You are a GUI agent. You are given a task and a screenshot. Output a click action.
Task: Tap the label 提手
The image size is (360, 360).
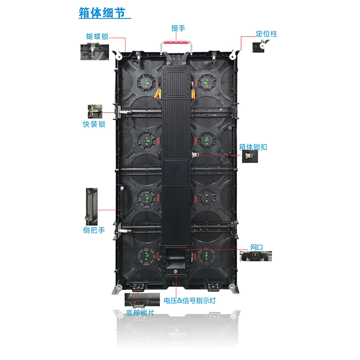(x=178, y=28)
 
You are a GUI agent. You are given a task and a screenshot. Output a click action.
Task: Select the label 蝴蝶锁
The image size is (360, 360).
(x=97, y=37)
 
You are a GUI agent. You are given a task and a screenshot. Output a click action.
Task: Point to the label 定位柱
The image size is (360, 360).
(x=266, y=34)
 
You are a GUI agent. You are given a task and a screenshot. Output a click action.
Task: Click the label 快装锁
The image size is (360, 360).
(x=94, y=124)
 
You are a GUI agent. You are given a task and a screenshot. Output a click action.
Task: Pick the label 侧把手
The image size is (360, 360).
(x=94, y=230)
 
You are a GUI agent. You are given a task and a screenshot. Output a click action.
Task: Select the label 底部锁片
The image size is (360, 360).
(x=140, y=313)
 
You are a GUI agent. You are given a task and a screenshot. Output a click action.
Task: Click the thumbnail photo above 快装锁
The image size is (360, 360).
(x=94, y=112)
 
